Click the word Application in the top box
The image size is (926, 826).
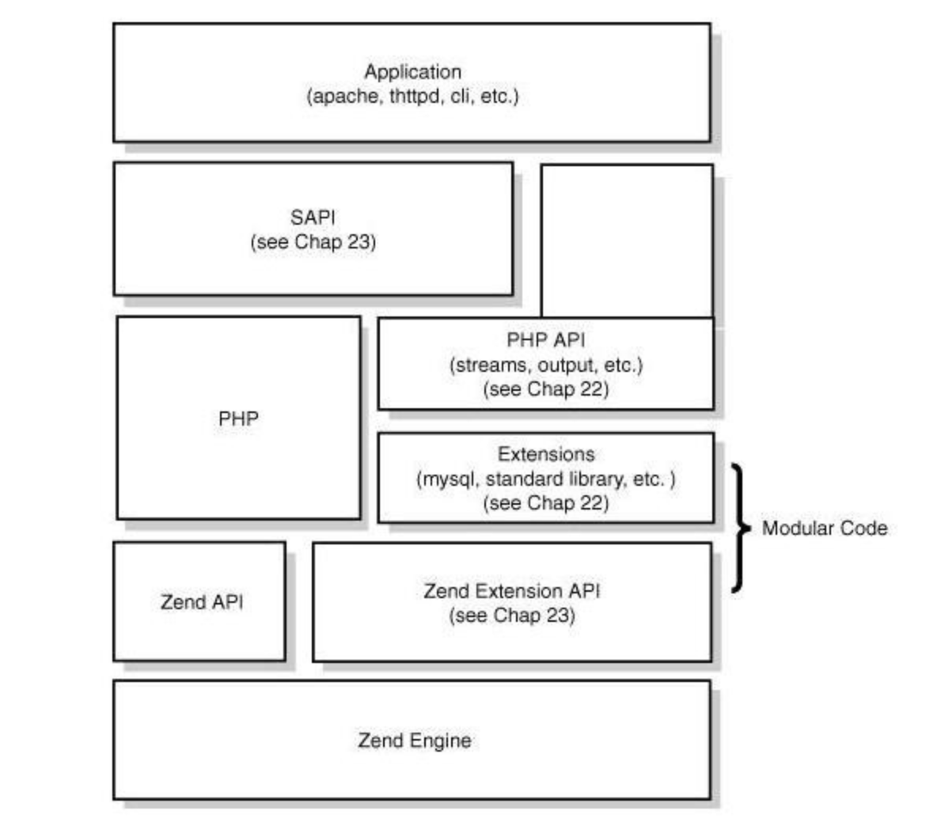pos(413,72)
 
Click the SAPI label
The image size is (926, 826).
pos(313,218)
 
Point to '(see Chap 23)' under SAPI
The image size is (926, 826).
pos(313,242)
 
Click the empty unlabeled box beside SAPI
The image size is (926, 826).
pos(627,241)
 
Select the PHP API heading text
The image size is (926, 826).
pos(545,340)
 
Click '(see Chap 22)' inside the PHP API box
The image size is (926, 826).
pos(545,390)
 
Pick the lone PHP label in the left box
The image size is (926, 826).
pos(238,419)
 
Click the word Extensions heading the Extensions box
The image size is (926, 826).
pos(545,454)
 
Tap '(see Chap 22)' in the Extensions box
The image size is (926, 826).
pos(545,504)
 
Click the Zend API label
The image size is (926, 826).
pos(202,602)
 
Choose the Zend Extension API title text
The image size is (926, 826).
pos(511,591)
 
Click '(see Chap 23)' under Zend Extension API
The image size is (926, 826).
pos(511,616)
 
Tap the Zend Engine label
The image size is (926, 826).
pos(415,741)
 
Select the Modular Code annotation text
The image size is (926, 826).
pos(825,528)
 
